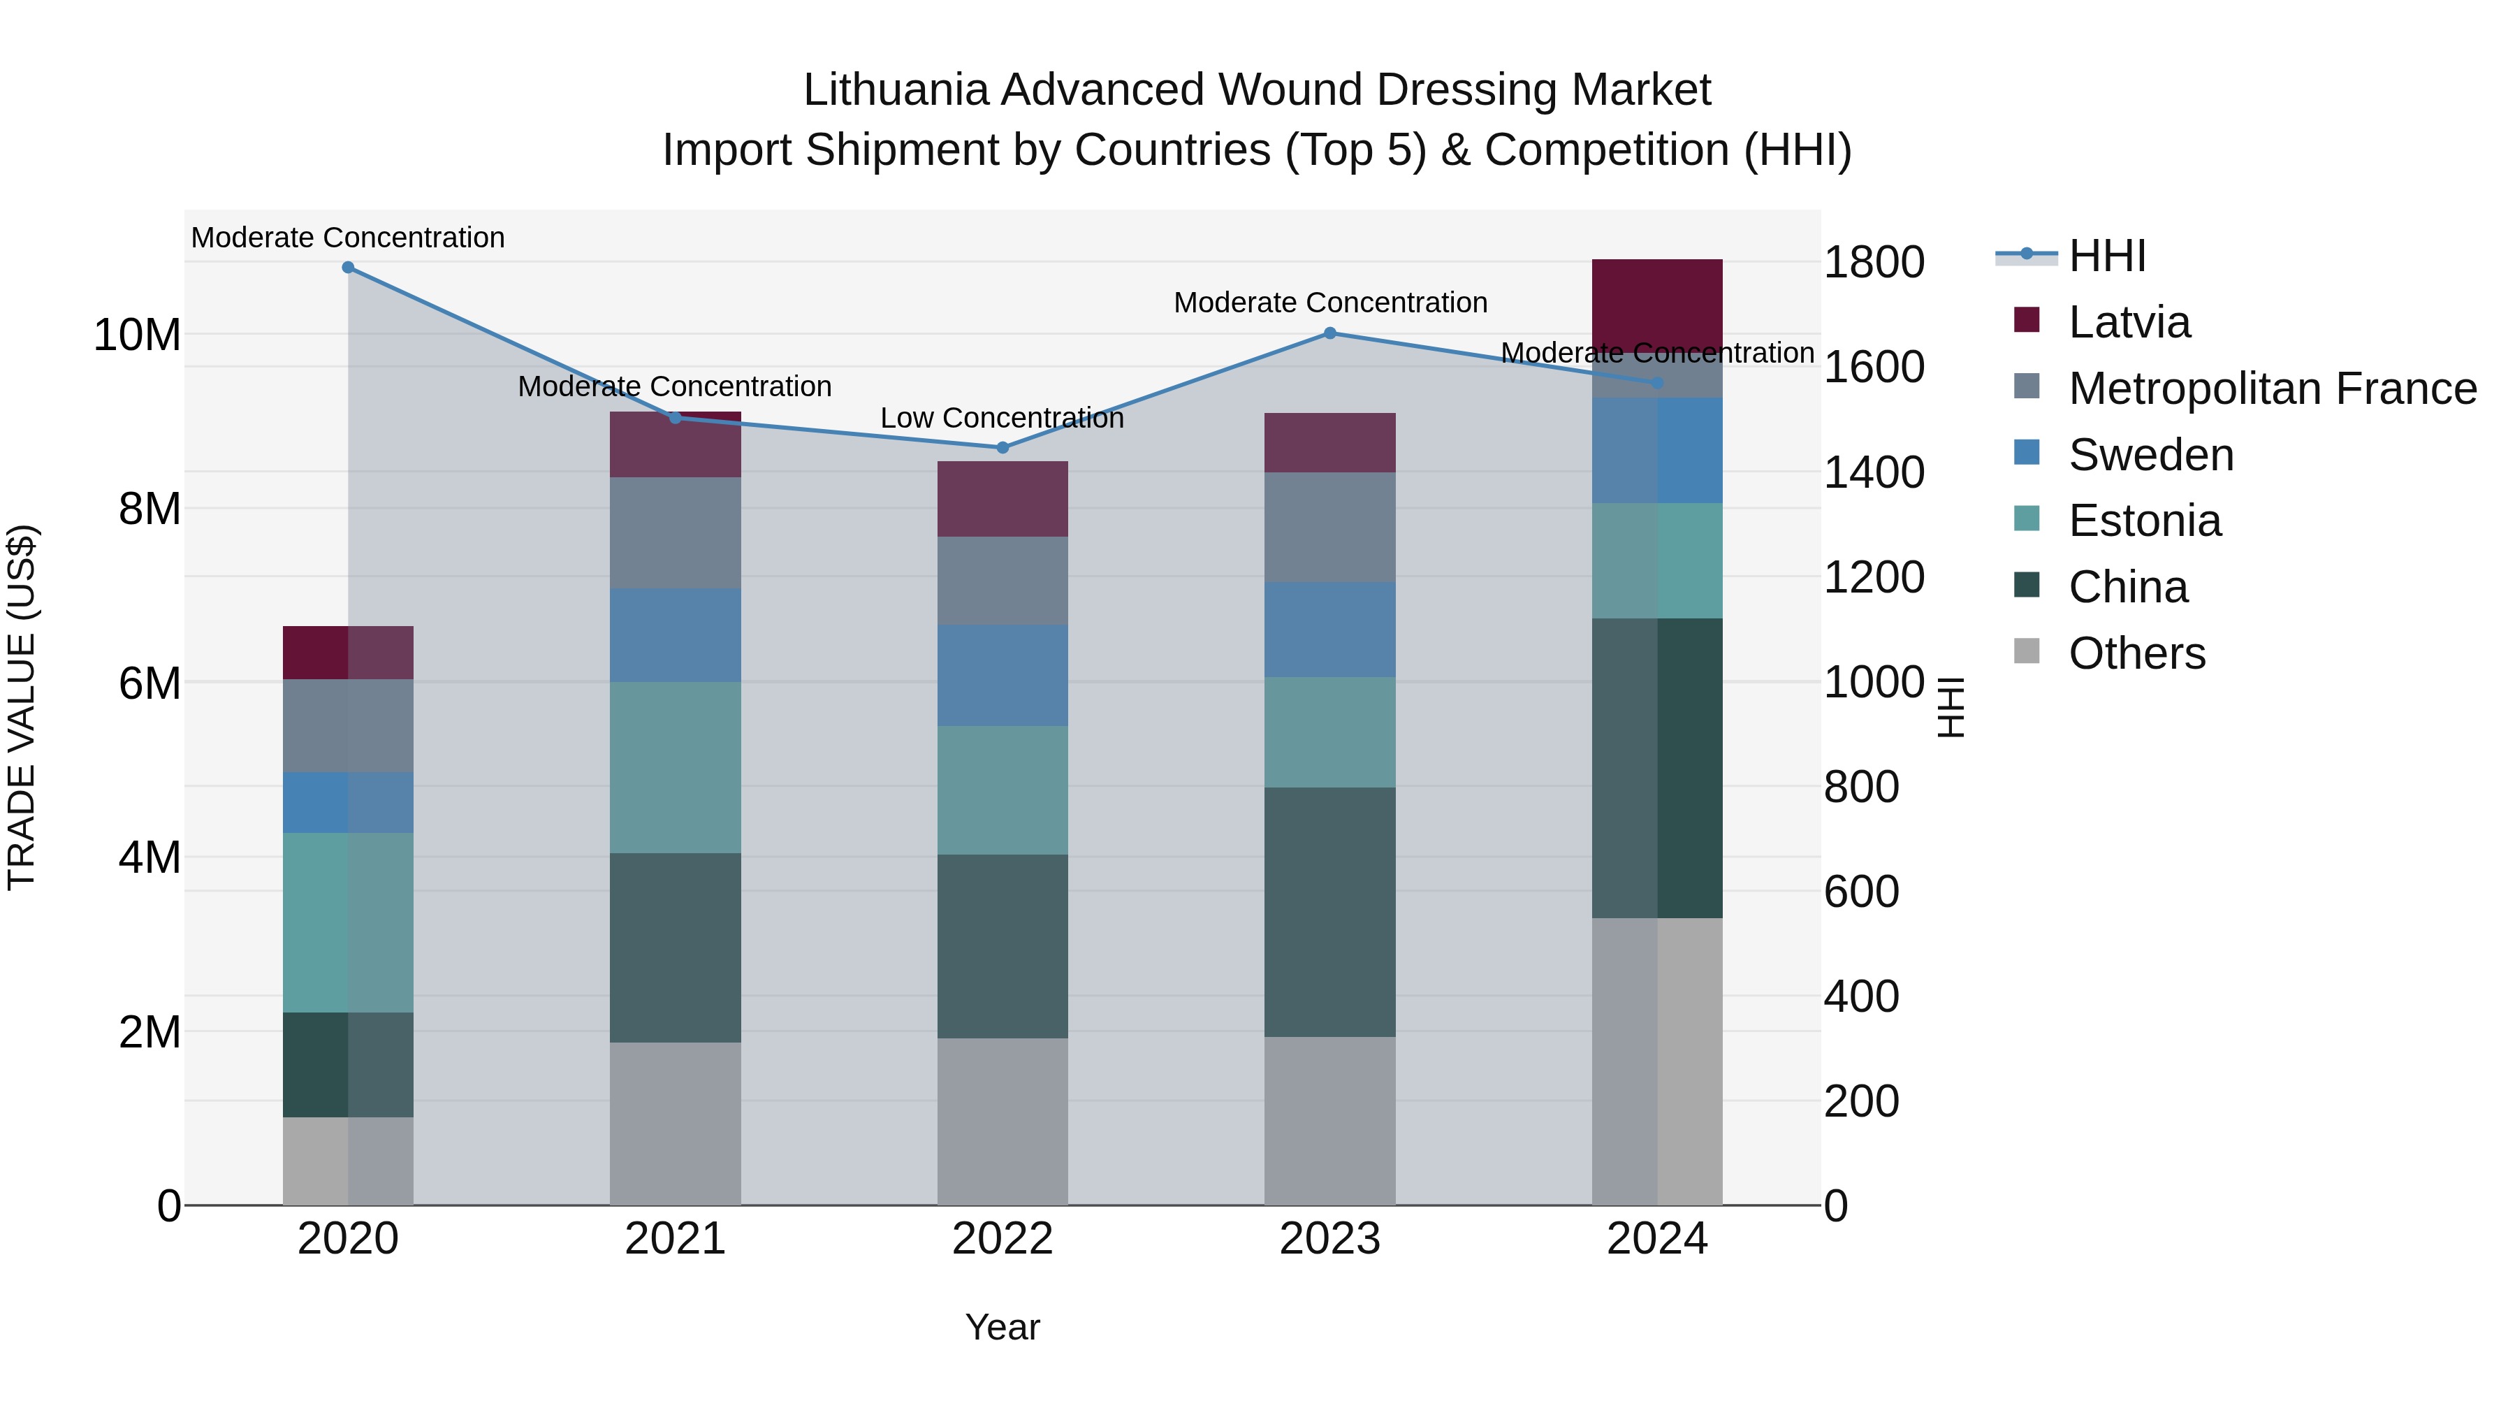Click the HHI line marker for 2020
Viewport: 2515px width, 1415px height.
pyautogui.click(x=348, y=268)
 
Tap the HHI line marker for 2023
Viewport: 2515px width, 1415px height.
pyautogui.click(x=1329, y=333)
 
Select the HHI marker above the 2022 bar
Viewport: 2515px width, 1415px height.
pyautogui.click(x=1003, y=448)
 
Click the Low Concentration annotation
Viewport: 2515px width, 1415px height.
pyautogui.click(x=1002, y=418)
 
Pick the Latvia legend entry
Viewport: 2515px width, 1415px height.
pyautogui.click(x=2129, y=322)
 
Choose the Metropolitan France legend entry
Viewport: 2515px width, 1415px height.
pyautogui.click(x=2271, y=389)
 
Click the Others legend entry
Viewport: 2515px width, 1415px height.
pyautogui.click(x=2136, y=653)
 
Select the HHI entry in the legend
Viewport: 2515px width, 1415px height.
pyautogui.click(x=2107, y=256)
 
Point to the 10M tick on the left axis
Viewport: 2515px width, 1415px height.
pyautogui.click(x=137, y=335)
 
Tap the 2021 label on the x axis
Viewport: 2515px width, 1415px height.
pyautogui.click(x=675, y=1239)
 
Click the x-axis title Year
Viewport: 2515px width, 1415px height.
pyautogui.click(x=1003, y=1327)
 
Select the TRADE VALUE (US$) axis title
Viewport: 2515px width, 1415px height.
pyautogui.click(x=22, y=707)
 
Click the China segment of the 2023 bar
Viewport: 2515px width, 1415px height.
pyautogui.click(x=1329, y=911)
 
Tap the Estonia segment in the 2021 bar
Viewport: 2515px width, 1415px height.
pyautogui.click(x=675, y=767)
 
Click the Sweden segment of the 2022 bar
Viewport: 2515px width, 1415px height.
pyautogui.click(x=1003, y=676)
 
